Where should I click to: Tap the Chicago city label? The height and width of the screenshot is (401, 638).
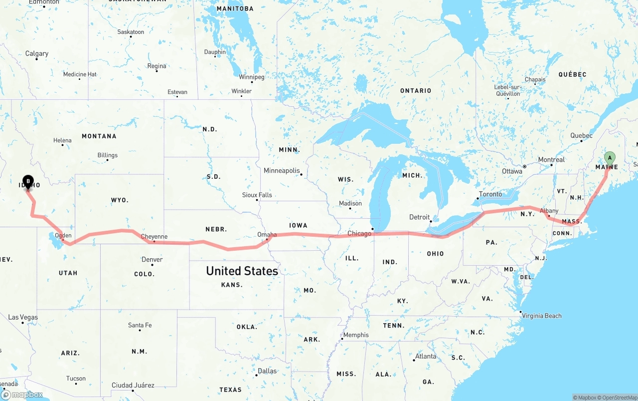359,233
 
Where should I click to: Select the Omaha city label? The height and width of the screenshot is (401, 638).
267,234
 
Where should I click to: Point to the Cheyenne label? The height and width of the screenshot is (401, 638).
154,237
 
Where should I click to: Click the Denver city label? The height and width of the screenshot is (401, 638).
152,259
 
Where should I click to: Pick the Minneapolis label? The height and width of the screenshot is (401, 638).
282,171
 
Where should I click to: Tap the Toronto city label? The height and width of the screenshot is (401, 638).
490,194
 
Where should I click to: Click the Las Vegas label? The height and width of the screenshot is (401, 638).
23,317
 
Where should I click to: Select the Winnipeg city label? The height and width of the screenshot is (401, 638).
251,77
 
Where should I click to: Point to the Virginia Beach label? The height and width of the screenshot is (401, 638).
542,316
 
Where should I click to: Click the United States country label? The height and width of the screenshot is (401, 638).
242,271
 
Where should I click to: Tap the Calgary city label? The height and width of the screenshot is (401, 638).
37,53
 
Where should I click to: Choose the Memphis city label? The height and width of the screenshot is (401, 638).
356,335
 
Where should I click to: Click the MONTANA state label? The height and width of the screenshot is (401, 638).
99,136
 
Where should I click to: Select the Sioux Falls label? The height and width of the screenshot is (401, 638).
257,195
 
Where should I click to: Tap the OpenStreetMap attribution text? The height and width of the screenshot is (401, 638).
616,398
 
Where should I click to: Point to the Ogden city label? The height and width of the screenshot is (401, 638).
63,235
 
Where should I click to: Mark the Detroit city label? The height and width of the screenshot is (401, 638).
419,217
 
